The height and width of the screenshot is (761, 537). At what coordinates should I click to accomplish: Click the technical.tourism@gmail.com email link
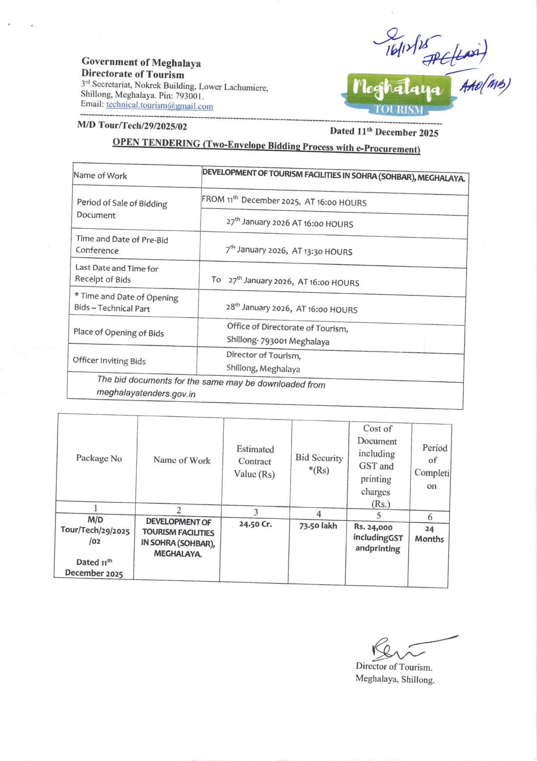click(159, 106)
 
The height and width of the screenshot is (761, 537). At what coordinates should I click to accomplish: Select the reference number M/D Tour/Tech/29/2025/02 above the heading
click(132, 126)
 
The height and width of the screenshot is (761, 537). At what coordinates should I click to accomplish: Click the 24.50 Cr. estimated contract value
click(255, 524)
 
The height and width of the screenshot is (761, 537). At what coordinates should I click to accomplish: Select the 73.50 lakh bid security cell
click(318, 526)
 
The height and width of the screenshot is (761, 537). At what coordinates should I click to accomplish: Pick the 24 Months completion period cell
click(429, 534)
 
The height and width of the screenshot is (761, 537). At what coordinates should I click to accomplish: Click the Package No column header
click(99, 458)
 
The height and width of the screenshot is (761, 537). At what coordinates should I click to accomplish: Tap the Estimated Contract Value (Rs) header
click(255, 462)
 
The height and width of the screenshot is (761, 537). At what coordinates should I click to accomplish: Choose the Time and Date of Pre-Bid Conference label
click(122, 245)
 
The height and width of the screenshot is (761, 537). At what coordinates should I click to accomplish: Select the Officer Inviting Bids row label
click(109, 360)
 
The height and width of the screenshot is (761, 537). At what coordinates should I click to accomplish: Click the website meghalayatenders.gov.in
click(146, 393)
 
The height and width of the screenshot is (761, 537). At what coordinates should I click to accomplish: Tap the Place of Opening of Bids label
click(119, 333)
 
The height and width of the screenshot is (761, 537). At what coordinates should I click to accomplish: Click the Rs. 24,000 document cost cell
click(378, 538)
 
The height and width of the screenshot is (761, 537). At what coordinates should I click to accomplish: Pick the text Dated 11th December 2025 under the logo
click(384, 132)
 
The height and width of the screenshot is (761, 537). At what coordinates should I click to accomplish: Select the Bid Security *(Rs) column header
click(319, 464)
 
